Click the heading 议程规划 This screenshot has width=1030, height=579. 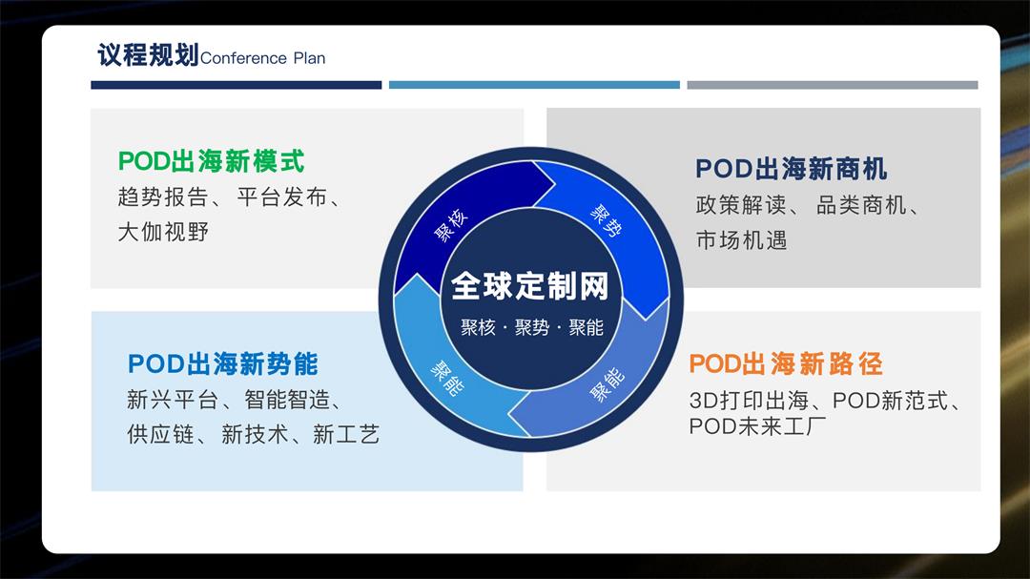point(148,54)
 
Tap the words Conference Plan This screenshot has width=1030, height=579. point(263,58)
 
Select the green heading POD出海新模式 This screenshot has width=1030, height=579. point(211,160)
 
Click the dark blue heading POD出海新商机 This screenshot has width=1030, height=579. point(791,169)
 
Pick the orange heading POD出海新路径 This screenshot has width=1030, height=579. point(785,363)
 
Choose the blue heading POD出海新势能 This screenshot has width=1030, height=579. point(222,363)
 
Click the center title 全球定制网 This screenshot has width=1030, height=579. point(529,285)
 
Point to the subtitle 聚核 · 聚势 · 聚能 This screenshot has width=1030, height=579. point(531,327)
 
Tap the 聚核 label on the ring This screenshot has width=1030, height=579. point(452,225)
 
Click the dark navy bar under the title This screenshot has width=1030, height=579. point(236,85)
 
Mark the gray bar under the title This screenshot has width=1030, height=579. point(832,85)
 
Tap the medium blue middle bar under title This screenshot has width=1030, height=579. point(534,85)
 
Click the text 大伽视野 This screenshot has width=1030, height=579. point(162,232)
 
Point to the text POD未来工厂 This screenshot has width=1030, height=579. point(754,426)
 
